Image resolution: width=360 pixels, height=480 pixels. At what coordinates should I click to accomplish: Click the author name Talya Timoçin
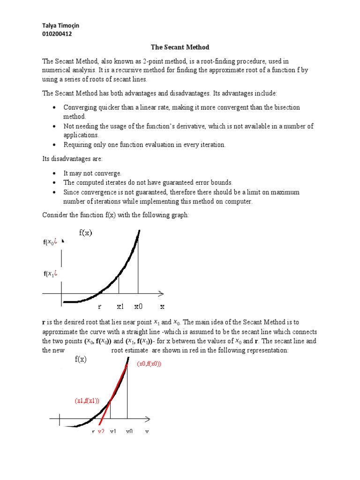[61, 26]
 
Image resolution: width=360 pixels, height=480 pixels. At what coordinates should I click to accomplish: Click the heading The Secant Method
[180, 47]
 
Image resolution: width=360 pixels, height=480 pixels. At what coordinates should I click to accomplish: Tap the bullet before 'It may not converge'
[55, 173]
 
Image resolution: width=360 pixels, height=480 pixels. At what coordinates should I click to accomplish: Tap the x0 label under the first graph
[138, 307]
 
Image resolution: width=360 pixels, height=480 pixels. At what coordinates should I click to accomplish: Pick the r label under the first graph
[99, 307]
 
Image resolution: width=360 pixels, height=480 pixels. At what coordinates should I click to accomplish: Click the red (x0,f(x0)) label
[149, 364]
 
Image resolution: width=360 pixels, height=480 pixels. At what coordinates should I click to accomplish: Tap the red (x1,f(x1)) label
[87, 401]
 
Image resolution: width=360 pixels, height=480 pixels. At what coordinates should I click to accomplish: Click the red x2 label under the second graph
[101, 431]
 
